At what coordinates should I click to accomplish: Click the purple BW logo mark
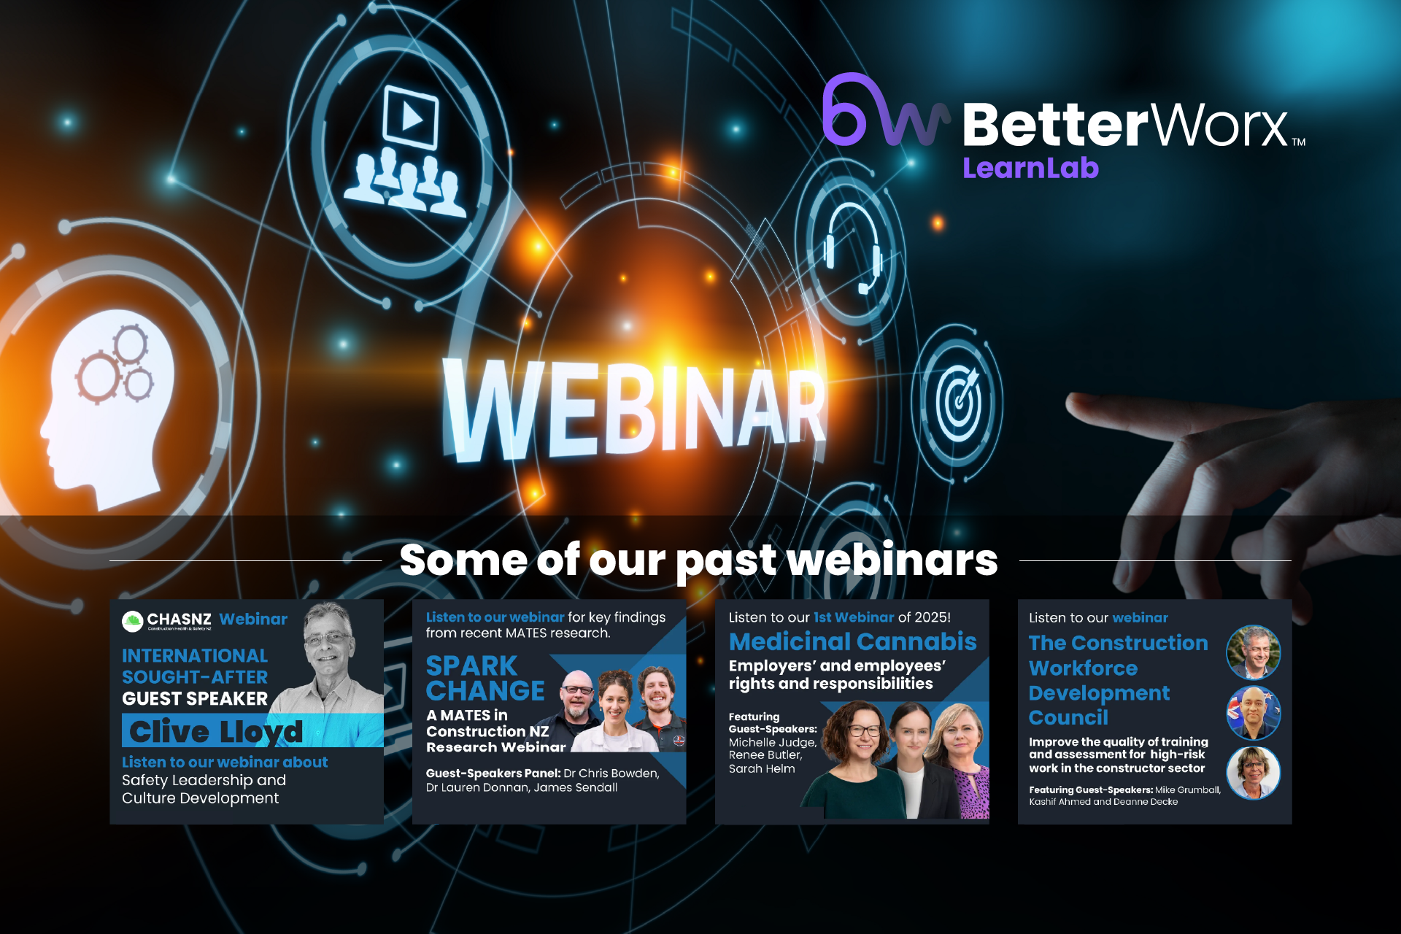(x=886, y=110)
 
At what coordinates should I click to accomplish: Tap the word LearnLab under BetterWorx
(x=1030, y=169)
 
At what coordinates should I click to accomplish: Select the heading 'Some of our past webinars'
(x=698, y=560)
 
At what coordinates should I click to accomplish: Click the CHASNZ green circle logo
(x=132, y=622)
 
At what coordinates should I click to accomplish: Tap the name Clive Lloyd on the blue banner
(x=216, y=731)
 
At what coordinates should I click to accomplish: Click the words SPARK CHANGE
(x=485, y=678)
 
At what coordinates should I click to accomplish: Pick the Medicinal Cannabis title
(x=852, y=641)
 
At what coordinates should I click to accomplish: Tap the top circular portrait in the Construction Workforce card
(x=1254, y=652)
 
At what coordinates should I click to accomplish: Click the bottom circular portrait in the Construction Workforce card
(x=1254, y=773)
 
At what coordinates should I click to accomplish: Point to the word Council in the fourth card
(x=1068, y=718)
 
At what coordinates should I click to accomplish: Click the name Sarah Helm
(x=762, y=768)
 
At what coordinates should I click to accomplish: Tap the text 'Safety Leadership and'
(x=204, y=780)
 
